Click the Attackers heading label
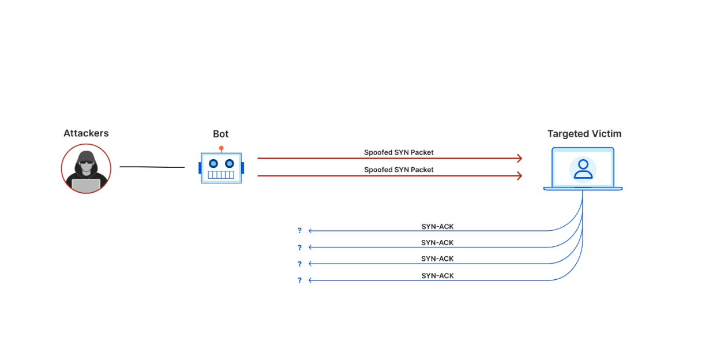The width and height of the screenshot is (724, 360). pyautogui.click(x=86, y=133)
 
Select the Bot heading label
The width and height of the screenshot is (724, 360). pyautogui.click(x=220, y=134)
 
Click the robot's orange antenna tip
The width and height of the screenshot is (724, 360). pyautogui.click(x=221, y=148)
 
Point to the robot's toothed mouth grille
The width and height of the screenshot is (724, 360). pyautogui.click(x=221, y=175)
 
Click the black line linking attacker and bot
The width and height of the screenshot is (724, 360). pyautogui.click(x=152, y=167)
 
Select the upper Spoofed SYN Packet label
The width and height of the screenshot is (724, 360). pyautogui.click(x=399, y=153)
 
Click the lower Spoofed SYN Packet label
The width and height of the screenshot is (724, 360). pyautogui.click(x=399, y=170)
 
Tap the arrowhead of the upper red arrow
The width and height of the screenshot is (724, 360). pyautogui.click(x=520, y=158)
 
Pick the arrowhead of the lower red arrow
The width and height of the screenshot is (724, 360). pyautogui.click(x=520, y=175)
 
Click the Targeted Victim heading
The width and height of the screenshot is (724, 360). pyautogui.click(x=584, y=134)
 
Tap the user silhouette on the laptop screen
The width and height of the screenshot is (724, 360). pyautogui.click(x=583, y=169)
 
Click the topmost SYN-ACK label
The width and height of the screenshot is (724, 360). pyautogui.click(x=437, y=227)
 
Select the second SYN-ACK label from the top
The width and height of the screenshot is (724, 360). pyautogui.click(x=437, y=243)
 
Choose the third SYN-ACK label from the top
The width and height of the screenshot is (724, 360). pyautogui.click(x=437, y=259)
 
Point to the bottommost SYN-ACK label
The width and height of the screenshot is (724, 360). pyautogui.click(x=437, y=276)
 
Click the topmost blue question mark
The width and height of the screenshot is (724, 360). pyautogui.click(x=299, y=231)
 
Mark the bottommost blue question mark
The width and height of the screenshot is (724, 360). pyautogui.click(x=299, y=280)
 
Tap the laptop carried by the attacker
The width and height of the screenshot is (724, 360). pyautogui.click(x=86, y=185)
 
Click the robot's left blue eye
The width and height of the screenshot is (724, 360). pyautogui.click(x=212, y=163)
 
